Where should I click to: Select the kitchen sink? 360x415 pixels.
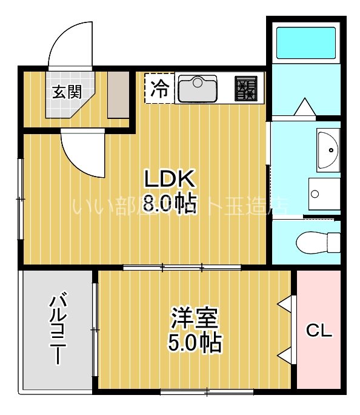[x=198, y=89]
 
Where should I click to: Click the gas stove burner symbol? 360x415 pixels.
[x=245, y=89]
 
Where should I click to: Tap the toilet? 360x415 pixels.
[x=318, y=243]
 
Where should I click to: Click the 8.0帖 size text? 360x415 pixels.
[x=170, y=203]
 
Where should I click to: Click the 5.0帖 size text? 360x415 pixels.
[x=195, y=343]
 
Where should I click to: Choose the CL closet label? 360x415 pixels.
[x=318, y=331]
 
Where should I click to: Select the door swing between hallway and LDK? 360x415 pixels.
[x=82, y=152]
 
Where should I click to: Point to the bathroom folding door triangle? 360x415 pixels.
[x=303, y=108]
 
